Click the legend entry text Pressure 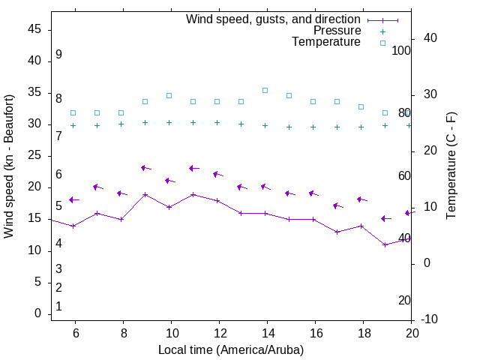click(337, 31)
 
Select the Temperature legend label click(326, 42)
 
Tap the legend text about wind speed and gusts click(274, 19)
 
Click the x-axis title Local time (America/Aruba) click(231, 349)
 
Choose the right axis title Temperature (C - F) click(451, 166)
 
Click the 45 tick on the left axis click(34, 29)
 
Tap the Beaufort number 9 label click(58, 55)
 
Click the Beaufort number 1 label click(58, 306)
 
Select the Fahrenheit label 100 click(401, 50)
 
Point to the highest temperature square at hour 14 click(265, 90)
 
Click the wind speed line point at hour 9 click(145, 194)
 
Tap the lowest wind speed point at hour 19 click(385, 244)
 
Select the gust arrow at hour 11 click(194, 168)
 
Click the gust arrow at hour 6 click(74, 199)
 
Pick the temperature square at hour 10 click(169, 95)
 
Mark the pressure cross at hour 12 click(217, 122)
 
